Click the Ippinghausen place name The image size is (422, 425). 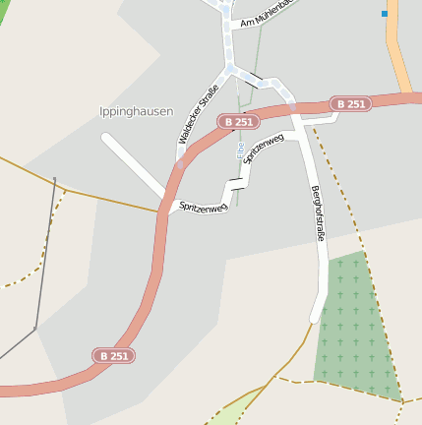(137, 112)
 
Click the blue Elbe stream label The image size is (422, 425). (239, 149)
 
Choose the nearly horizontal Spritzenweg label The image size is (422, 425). (204, 207)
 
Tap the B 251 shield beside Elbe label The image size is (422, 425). (241, 121)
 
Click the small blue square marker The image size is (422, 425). (385, 13)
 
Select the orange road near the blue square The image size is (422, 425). (400, 49)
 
